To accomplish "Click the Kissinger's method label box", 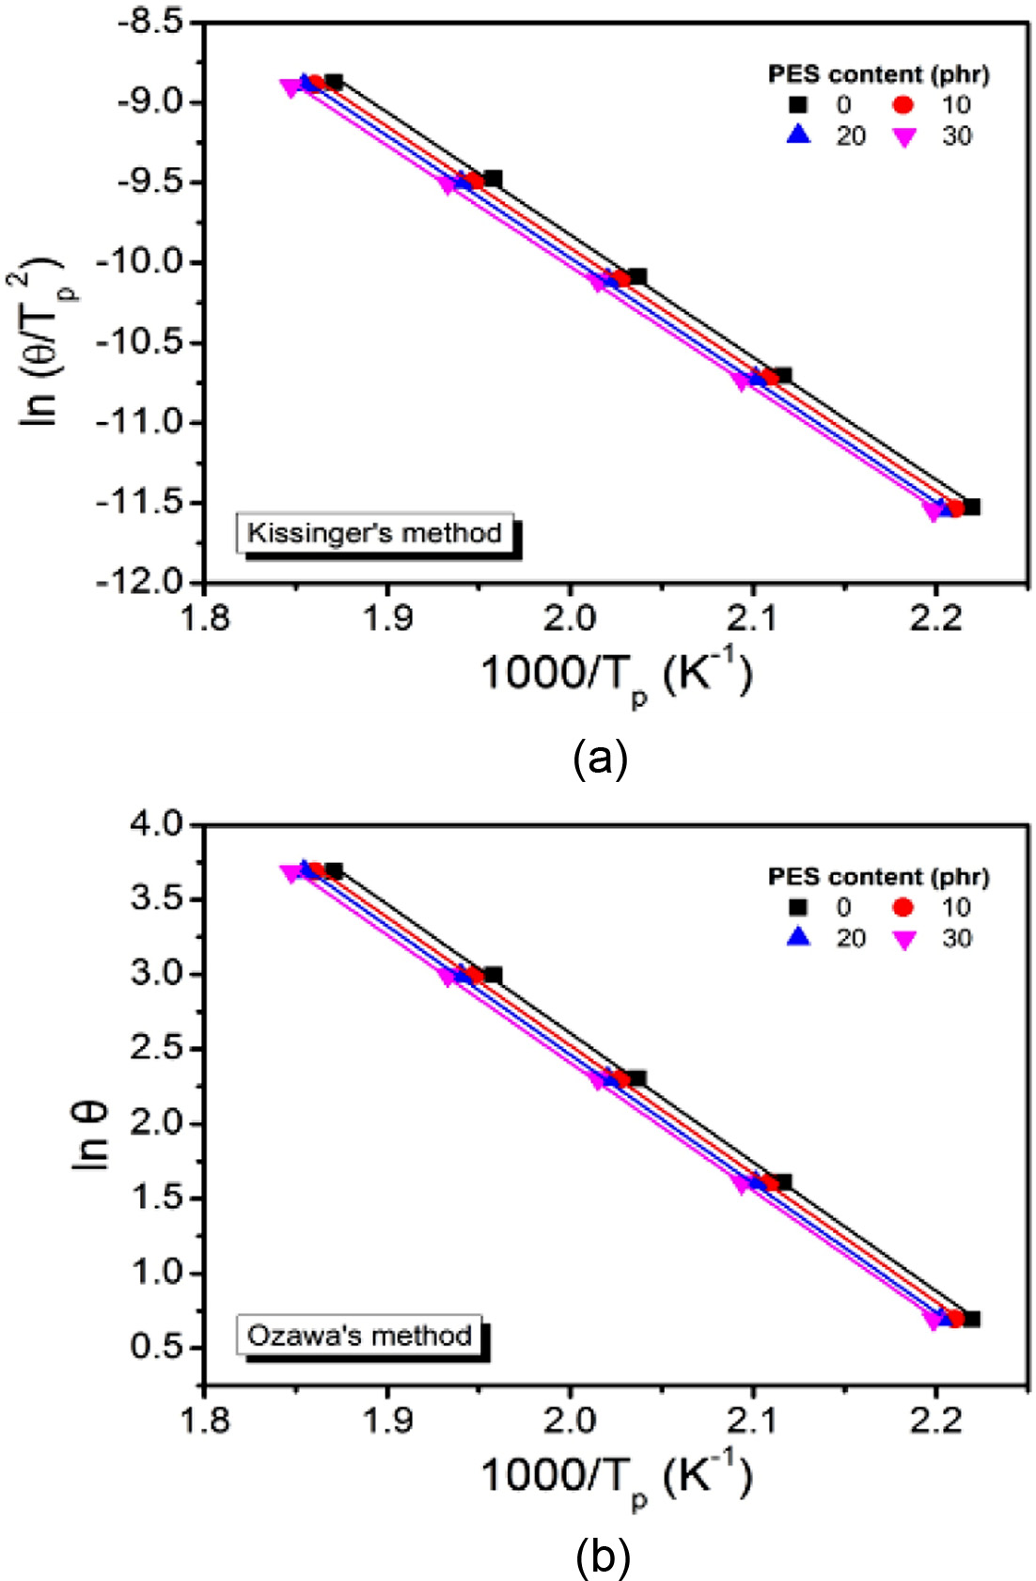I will [374, 533].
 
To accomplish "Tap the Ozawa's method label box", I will [359, 1335].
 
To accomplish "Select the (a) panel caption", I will [600, 758].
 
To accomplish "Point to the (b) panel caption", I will [602, 1558].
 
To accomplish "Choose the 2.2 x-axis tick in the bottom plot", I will [935, 1420].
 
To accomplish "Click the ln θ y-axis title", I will [91, 1135].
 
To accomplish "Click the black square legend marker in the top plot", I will [798, 104].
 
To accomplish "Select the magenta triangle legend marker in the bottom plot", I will [904, 939].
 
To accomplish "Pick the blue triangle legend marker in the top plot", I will [798, 135].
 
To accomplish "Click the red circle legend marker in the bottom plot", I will [903, 907].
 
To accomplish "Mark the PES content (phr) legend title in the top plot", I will [879, 73].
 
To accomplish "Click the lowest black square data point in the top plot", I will [971, 508].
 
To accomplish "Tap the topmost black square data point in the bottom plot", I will [334, 871].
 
